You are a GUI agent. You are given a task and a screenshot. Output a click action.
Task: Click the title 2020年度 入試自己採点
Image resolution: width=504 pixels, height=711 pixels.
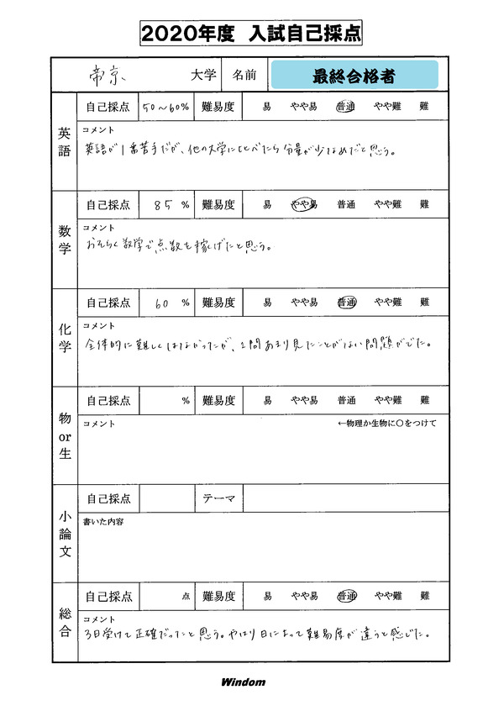251,34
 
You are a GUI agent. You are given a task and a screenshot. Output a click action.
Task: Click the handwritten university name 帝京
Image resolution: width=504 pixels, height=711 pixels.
108,75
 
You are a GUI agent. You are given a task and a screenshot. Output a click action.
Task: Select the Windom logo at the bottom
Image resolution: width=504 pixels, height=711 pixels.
243,682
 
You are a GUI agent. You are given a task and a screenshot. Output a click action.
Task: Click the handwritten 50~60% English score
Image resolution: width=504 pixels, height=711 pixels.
165,107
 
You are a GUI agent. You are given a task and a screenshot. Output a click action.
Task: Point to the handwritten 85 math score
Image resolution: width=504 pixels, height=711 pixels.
164,204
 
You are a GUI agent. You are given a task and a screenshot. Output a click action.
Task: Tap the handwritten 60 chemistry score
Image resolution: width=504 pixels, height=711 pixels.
163,303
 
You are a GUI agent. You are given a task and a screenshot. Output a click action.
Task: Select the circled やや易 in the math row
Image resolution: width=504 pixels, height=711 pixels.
304,204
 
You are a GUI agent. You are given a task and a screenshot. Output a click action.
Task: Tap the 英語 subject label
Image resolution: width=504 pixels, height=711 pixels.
65,144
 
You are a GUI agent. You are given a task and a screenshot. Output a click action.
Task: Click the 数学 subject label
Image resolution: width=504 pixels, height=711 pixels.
65,241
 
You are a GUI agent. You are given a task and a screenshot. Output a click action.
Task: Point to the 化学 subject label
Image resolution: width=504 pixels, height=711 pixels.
65,339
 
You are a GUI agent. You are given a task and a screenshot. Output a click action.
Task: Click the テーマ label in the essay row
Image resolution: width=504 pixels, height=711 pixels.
220,498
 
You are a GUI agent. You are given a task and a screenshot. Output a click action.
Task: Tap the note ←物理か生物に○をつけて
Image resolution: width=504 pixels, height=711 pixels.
386,423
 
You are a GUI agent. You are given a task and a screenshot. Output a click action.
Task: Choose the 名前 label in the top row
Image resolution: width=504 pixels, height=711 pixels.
244,76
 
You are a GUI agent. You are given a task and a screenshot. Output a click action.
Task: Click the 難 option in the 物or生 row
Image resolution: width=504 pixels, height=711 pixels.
424,401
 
